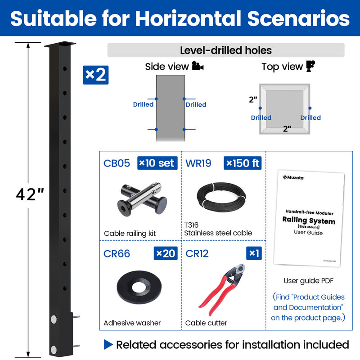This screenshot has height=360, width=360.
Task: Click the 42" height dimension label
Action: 30,195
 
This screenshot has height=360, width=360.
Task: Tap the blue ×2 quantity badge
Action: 95,75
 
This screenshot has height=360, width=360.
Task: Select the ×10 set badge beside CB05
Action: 157,163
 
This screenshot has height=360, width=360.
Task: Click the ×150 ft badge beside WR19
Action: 243,163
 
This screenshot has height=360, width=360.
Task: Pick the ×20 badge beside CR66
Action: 166,253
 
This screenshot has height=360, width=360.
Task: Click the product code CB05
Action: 117,163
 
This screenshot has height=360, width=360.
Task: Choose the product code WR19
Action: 198,163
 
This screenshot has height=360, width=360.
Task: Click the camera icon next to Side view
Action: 198,67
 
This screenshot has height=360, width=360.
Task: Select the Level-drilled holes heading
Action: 225,50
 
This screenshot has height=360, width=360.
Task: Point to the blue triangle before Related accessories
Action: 108,345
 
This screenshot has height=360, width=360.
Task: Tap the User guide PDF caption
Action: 308,281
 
